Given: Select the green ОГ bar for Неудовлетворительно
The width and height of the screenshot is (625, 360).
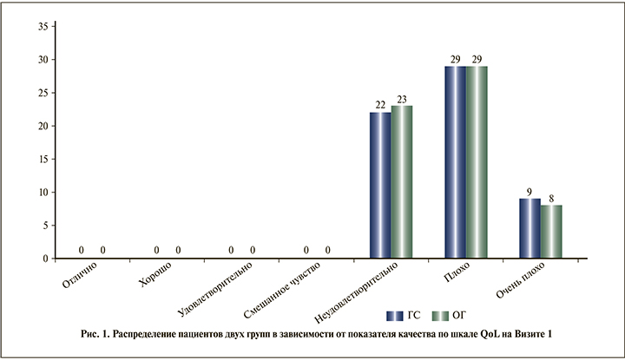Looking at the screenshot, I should pos(402,182).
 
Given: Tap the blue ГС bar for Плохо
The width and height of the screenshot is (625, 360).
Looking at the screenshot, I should pos(455,162).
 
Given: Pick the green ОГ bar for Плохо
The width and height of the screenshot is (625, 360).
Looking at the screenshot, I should pos(477,162).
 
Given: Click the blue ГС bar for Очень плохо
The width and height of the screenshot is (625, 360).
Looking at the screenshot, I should pos(530,228).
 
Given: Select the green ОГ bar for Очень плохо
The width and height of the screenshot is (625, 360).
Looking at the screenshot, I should pos(551,232).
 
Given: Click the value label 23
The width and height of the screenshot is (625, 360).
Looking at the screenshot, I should pos(402,99).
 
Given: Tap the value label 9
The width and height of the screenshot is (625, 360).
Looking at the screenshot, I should pos(530,192).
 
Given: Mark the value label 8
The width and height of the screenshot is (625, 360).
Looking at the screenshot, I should pos(551,199).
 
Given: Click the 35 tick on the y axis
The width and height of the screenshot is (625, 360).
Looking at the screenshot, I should pos(41,27).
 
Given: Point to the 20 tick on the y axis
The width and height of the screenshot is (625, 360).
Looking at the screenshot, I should pos(41,126).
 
